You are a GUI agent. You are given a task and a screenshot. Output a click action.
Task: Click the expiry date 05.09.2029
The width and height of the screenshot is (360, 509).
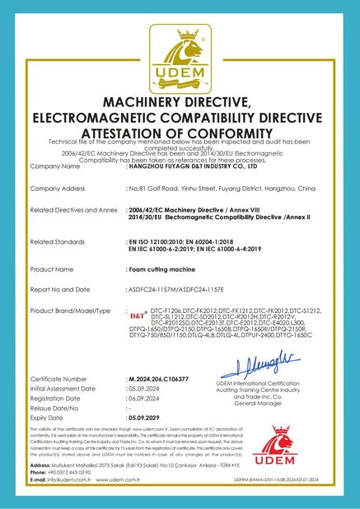(147, 417)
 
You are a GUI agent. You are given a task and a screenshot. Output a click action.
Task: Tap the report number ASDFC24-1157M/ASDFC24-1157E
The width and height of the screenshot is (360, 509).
(176, 289)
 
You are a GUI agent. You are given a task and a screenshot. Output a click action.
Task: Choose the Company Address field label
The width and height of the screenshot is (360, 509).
(57, 189)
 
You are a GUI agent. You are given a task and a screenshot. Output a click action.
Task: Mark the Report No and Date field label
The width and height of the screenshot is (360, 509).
(59, 289)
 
